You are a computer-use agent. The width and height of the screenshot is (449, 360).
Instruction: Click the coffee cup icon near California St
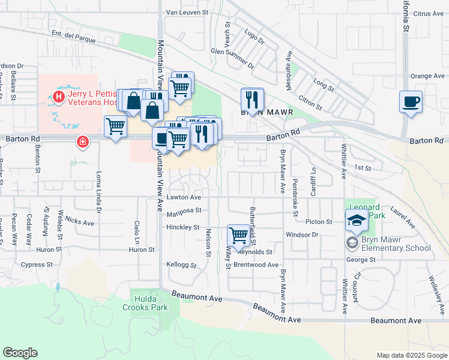pos(411,101)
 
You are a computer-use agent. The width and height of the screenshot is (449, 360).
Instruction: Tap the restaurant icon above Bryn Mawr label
pos(252,98)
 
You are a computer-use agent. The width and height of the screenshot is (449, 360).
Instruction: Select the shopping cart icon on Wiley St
pos(238,236)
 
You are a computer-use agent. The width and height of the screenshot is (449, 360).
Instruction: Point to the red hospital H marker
pos(59,96)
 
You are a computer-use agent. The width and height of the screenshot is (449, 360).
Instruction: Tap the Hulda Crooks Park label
pos(149,303)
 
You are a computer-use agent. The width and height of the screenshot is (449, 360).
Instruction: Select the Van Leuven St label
pos(187,12)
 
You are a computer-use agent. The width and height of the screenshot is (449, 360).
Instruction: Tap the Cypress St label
pos(37,264)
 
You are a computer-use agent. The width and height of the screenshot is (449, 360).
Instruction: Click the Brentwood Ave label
pos(256,265)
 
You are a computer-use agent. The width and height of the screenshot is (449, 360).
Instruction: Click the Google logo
pos(20,353)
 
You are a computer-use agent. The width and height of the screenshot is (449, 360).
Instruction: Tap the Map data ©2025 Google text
pos(411,355)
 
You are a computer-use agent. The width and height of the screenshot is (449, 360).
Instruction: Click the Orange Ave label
pos(427,76)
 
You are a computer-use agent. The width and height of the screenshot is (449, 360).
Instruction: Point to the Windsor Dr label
pos(301,235)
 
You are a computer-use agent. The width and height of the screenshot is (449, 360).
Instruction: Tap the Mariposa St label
pos(184,211)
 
